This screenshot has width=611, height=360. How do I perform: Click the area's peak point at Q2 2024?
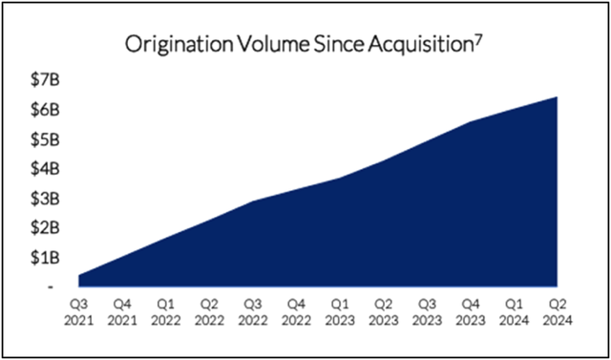click(557, 97)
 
